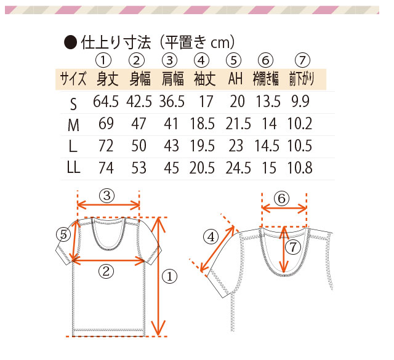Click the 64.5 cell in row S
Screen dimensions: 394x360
tap(106, 102)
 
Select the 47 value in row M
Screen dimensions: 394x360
tap(139, 124)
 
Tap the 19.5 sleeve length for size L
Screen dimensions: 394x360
tap(203, 146)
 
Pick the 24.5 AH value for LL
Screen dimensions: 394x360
tap(238, 168)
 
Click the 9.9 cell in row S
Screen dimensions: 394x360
tap(300, 102)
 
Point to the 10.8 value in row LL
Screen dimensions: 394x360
tap(300, 168)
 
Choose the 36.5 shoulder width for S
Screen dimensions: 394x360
tap(172, 102)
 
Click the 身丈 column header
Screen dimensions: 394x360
tap(108, 79)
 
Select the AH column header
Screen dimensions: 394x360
tap(235, 79)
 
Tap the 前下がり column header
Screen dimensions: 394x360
tap(302, 79)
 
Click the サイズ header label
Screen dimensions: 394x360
tap(73, 79)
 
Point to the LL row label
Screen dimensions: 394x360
tap(73, 167)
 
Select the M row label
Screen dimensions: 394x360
tap(73, 125)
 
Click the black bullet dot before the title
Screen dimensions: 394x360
tap(70, 42)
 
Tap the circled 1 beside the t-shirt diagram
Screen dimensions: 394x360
tap(170, 276)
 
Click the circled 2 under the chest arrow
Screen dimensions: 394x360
tap(106, 271)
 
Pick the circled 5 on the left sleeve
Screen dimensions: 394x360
tap(63, 234)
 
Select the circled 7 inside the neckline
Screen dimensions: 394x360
tap(293, 247)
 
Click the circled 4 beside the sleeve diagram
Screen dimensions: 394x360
tap(211, 237)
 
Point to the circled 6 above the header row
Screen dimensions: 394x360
tap(265, 60)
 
